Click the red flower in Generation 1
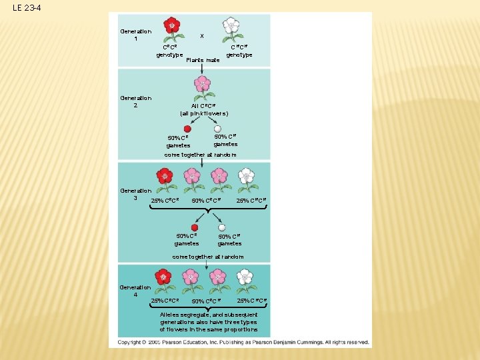[x=172, y=27]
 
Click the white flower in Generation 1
[x=231, y=27]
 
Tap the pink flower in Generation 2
[x=201, y=85]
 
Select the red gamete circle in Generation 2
[x=187, y=129]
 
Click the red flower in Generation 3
[x=164, y=177]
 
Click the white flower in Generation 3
[x=246, y=176]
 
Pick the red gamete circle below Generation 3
[x=195, y=227]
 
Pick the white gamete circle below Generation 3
[x=222, y=227]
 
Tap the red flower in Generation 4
[x=163, y=277]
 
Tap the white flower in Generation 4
[x=245, y=277]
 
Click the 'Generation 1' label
[x=135, y=35]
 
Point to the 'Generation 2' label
[x=135, y=101]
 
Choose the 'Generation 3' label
[x=135, y=194]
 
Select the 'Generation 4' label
[x=135, y=291]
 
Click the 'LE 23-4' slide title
[x=26, y=8]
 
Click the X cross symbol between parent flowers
[x=202, y=36]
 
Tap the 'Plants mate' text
[x=203, y=60]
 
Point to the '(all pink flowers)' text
[x=204, y=113]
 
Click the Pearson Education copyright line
[x=243, y=342]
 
